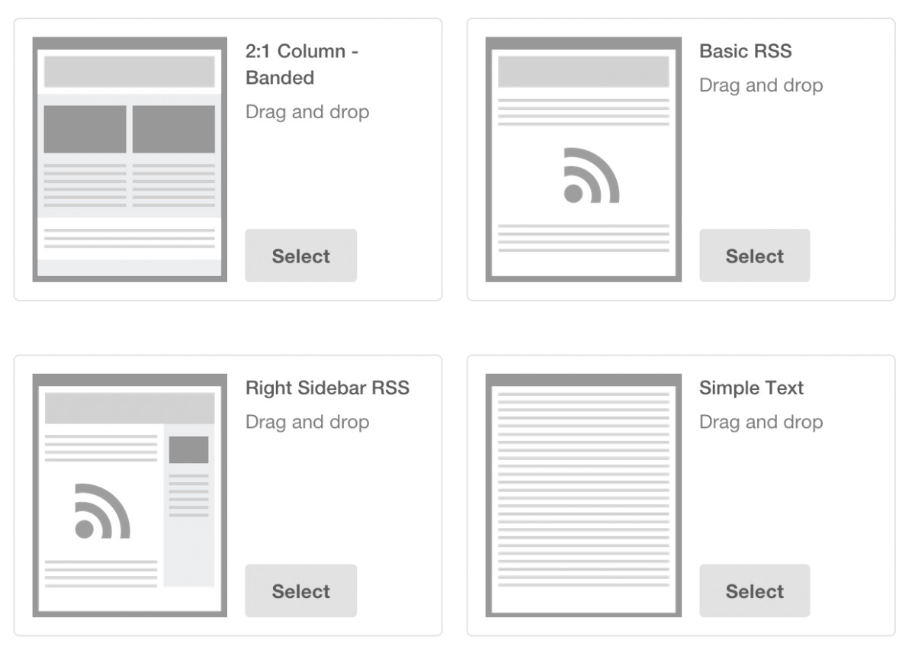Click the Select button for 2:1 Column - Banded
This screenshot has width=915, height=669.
point(300,256)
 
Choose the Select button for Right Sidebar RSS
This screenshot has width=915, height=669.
point(300,591)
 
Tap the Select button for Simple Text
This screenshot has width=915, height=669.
point(754,591)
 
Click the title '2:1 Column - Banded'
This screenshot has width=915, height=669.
point(302,65)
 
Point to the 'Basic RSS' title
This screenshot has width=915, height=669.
point(745,52)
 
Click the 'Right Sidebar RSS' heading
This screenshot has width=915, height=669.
point(327,388)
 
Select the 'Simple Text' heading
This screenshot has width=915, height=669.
point(751,388)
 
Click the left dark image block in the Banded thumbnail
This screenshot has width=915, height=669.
point(85,129)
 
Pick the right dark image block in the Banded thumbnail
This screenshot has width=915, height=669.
point(174,129)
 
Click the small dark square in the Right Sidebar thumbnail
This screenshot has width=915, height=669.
point(188,449)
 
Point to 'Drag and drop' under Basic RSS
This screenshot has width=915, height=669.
point(761,85)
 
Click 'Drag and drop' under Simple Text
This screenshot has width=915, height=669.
point(761,422)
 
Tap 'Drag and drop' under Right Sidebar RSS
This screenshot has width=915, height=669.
point(307,422)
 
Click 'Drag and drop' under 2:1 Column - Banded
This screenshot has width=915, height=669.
point(307,112)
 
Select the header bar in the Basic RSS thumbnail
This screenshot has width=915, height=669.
point(583,72)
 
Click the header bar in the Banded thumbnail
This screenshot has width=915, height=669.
point(130,72)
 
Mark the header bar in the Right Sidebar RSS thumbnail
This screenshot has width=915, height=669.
point(130,408)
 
